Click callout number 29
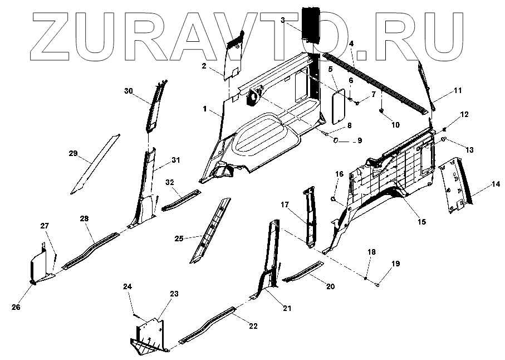[x=73, y=153]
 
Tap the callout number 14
[x=494, y=184]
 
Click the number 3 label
[x=282, y=20]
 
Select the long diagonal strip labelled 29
[x=95, y=162]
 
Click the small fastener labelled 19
[x=377, y=285]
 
